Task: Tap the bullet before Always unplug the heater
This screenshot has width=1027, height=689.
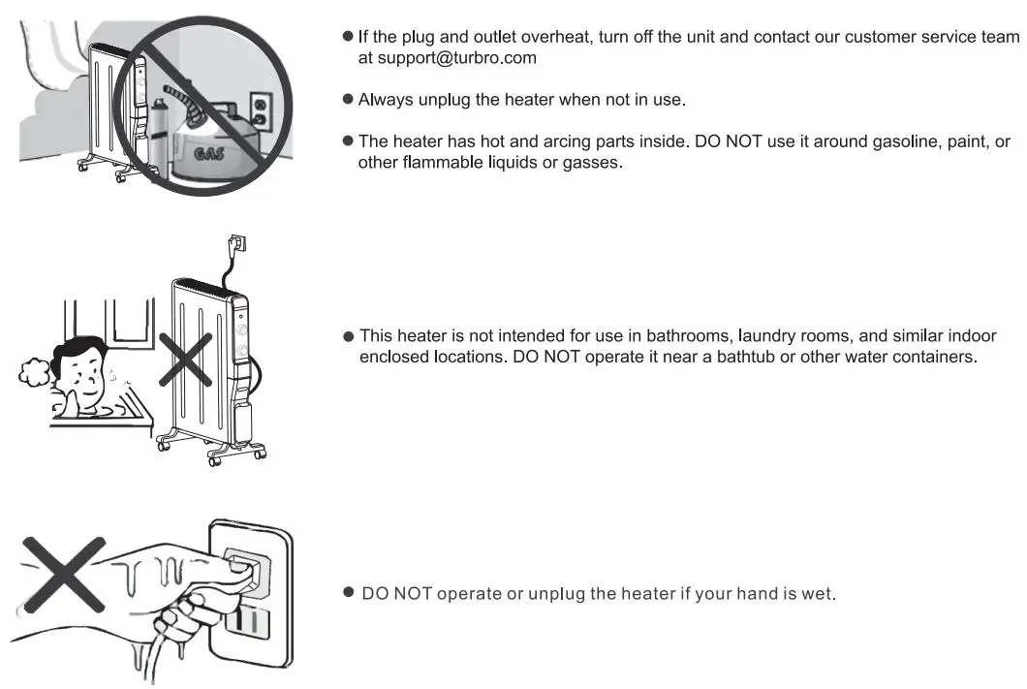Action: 348,100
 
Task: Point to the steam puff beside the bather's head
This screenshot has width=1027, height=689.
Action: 35,372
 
